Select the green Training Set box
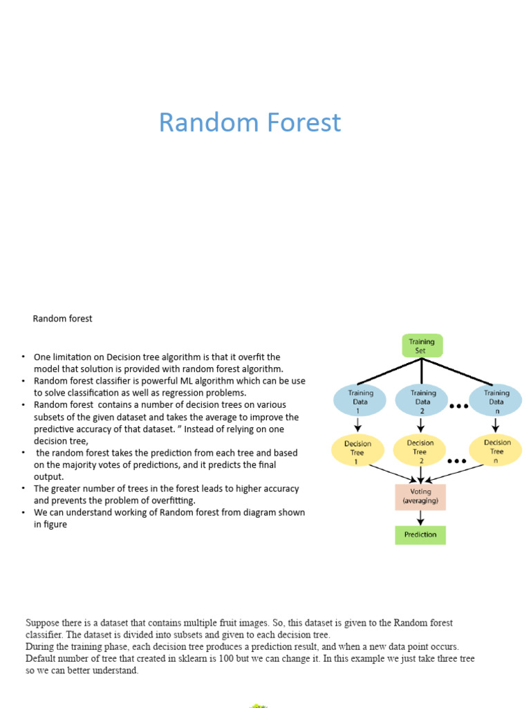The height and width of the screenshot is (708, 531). [x=422, y=346]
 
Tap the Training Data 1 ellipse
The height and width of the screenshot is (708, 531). [x=360, y=401]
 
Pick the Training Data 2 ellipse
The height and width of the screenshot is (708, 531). [x=422, y=401]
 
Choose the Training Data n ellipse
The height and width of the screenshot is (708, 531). [x=496, y=401]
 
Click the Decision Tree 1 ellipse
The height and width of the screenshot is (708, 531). [x=357, y=451]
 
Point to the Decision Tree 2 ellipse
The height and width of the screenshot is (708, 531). [x=420, y=451]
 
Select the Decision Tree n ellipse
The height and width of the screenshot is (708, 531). [x=496, y=451]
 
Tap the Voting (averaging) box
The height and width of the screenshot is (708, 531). [x=420, y=496]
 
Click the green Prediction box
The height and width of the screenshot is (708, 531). [x=420, y=534]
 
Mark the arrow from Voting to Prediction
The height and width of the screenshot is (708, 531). [x=420, y=517]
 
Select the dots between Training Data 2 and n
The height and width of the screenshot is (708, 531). [x=458, y=407]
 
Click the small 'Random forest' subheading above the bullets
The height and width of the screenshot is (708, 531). [x=62, y=319]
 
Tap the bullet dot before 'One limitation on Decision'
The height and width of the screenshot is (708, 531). [x=22, y=357]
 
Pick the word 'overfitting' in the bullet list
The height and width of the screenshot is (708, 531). [x=171, y=500]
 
